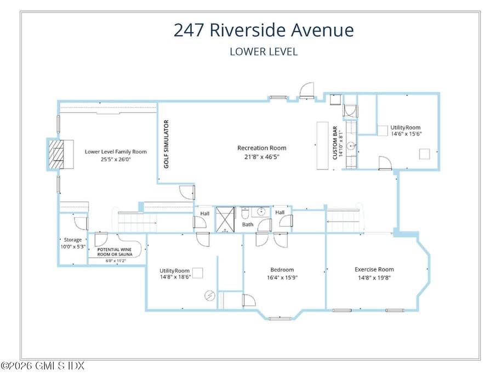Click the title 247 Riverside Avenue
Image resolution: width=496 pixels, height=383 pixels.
click(264, 30)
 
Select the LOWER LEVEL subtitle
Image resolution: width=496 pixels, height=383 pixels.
click(264, 52)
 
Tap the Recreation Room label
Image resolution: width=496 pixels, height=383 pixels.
click(261, 148)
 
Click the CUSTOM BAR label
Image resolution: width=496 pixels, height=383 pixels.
click(335, 143)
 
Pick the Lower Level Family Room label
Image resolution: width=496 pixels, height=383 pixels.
click(116, 152)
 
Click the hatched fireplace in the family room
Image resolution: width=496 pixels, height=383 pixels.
click(56, 154)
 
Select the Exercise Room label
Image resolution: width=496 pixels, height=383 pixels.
click(374, 269)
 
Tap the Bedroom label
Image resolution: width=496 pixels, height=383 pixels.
click(282, 270)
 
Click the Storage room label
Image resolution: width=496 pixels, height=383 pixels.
click(73, 240)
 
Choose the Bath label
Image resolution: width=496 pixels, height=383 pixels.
click(248, 224)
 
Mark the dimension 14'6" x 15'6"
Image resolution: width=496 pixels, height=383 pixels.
click(406, 134)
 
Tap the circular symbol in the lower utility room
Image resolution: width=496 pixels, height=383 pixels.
click(209, 295)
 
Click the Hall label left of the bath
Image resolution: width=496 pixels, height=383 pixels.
click(204, 213)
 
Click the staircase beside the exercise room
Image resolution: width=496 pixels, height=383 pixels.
click(344, 221)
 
